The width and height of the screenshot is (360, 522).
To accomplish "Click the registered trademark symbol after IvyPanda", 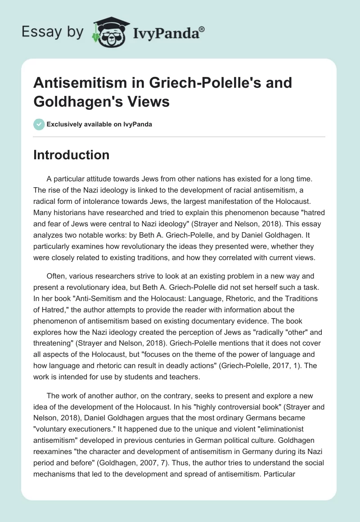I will [202, 29].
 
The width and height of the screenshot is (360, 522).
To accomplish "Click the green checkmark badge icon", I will [39, 124].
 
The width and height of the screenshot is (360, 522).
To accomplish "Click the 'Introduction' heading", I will [71, 155].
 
